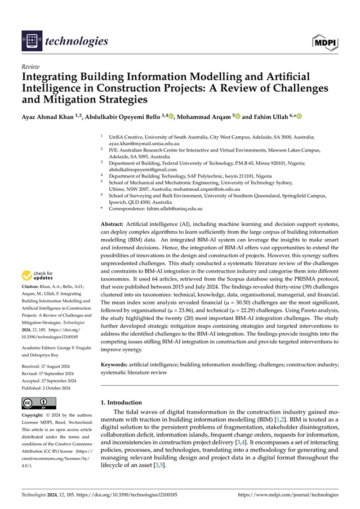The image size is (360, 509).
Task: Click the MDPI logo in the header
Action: (x=325, y=41)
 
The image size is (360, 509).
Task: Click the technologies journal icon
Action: (x=31, y=41)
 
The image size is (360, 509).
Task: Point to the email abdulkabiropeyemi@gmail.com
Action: (x=143, y=169)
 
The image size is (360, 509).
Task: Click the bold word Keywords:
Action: (x=115, y=365)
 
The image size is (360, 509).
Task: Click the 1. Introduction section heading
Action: (x=126, y=403)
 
